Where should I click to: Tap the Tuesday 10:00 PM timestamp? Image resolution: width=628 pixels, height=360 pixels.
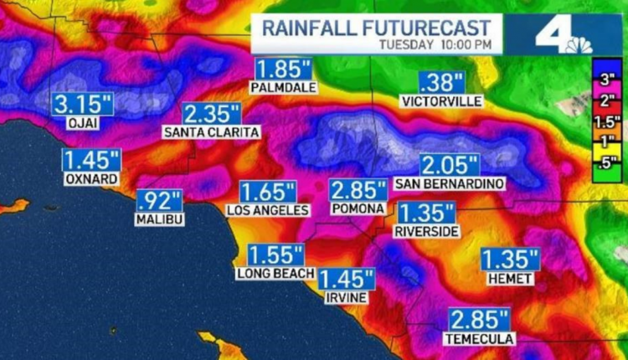tap(435, 44)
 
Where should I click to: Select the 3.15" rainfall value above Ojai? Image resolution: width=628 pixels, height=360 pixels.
tap(83, 105)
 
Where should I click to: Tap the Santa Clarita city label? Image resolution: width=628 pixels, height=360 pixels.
tap(211, 132)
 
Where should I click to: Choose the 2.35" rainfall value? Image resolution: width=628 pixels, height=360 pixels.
tap(212, 114)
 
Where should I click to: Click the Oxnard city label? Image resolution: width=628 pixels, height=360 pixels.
tap(90, 179)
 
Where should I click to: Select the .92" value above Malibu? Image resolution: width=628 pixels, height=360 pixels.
tap(159, 201)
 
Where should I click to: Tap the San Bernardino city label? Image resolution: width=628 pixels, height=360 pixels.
tap(450, 183)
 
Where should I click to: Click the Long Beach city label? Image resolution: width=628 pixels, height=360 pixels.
tap(275, 273)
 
